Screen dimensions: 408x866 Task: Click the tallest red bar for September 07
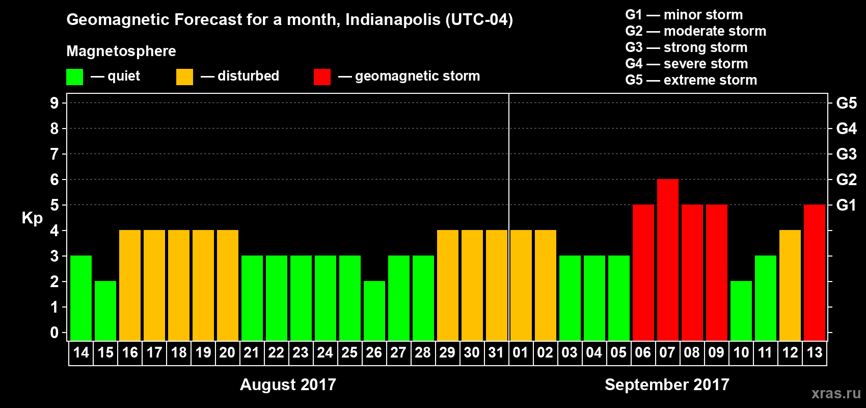coord(667,260)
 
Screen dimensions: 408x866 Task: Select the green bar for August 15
coord(105,311)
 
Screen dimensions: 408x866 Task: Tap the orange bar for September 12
coord(790,285)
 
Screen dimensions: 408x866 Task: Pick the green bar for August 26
coord(374,311)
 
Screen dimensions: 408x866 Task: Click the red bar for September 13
coord(814,272)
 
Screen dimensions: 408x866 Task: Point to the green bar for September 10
coord(741,311)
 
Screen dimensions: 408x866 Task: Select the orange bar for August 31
coord(496,285)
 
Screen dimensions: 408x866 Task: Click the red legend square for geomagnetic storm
coord(322,77)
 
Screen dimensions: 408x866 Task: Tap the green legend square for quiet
coord(74,77)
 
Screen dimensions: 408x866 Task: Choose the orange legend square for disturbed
coord(184,77)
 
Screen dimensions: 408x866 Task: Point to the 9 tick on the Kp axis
coord(55,103)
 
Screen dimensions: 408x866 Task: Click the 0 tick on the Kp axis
coord(55,333)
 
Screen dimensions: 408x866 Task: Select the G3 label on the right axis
coord(846,154)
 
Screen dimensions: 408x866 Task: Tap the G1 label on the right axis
coord(846,205)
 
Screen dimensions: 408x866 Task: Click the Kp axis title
coord(32,218)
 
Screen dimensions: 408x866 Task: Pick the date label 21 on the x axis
coord(252,353)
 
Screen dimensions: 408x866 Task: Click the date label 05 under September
coord(618,353)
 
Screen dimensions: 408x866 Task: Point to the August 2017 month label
coord(288,385)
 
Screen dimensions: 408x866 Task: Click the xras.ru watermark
coord(836,393)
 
